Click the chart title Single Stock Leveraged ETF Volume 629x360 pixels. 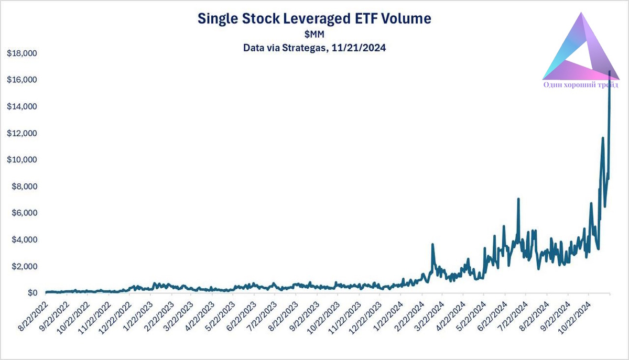point(314,19)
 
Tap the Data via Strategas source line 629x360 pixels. point(314,48)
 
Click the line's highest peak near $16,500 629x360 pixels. point(609,72)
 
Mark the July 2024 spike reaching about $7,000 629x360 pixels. point(518,199)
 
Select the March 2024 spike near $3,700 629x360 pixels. point(432,244)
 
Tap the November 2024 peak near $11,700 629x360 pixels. point(603,138)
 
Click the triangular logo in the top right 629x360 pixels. point(579,50)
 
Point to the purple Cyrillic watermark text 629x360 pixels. point(581,84)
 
